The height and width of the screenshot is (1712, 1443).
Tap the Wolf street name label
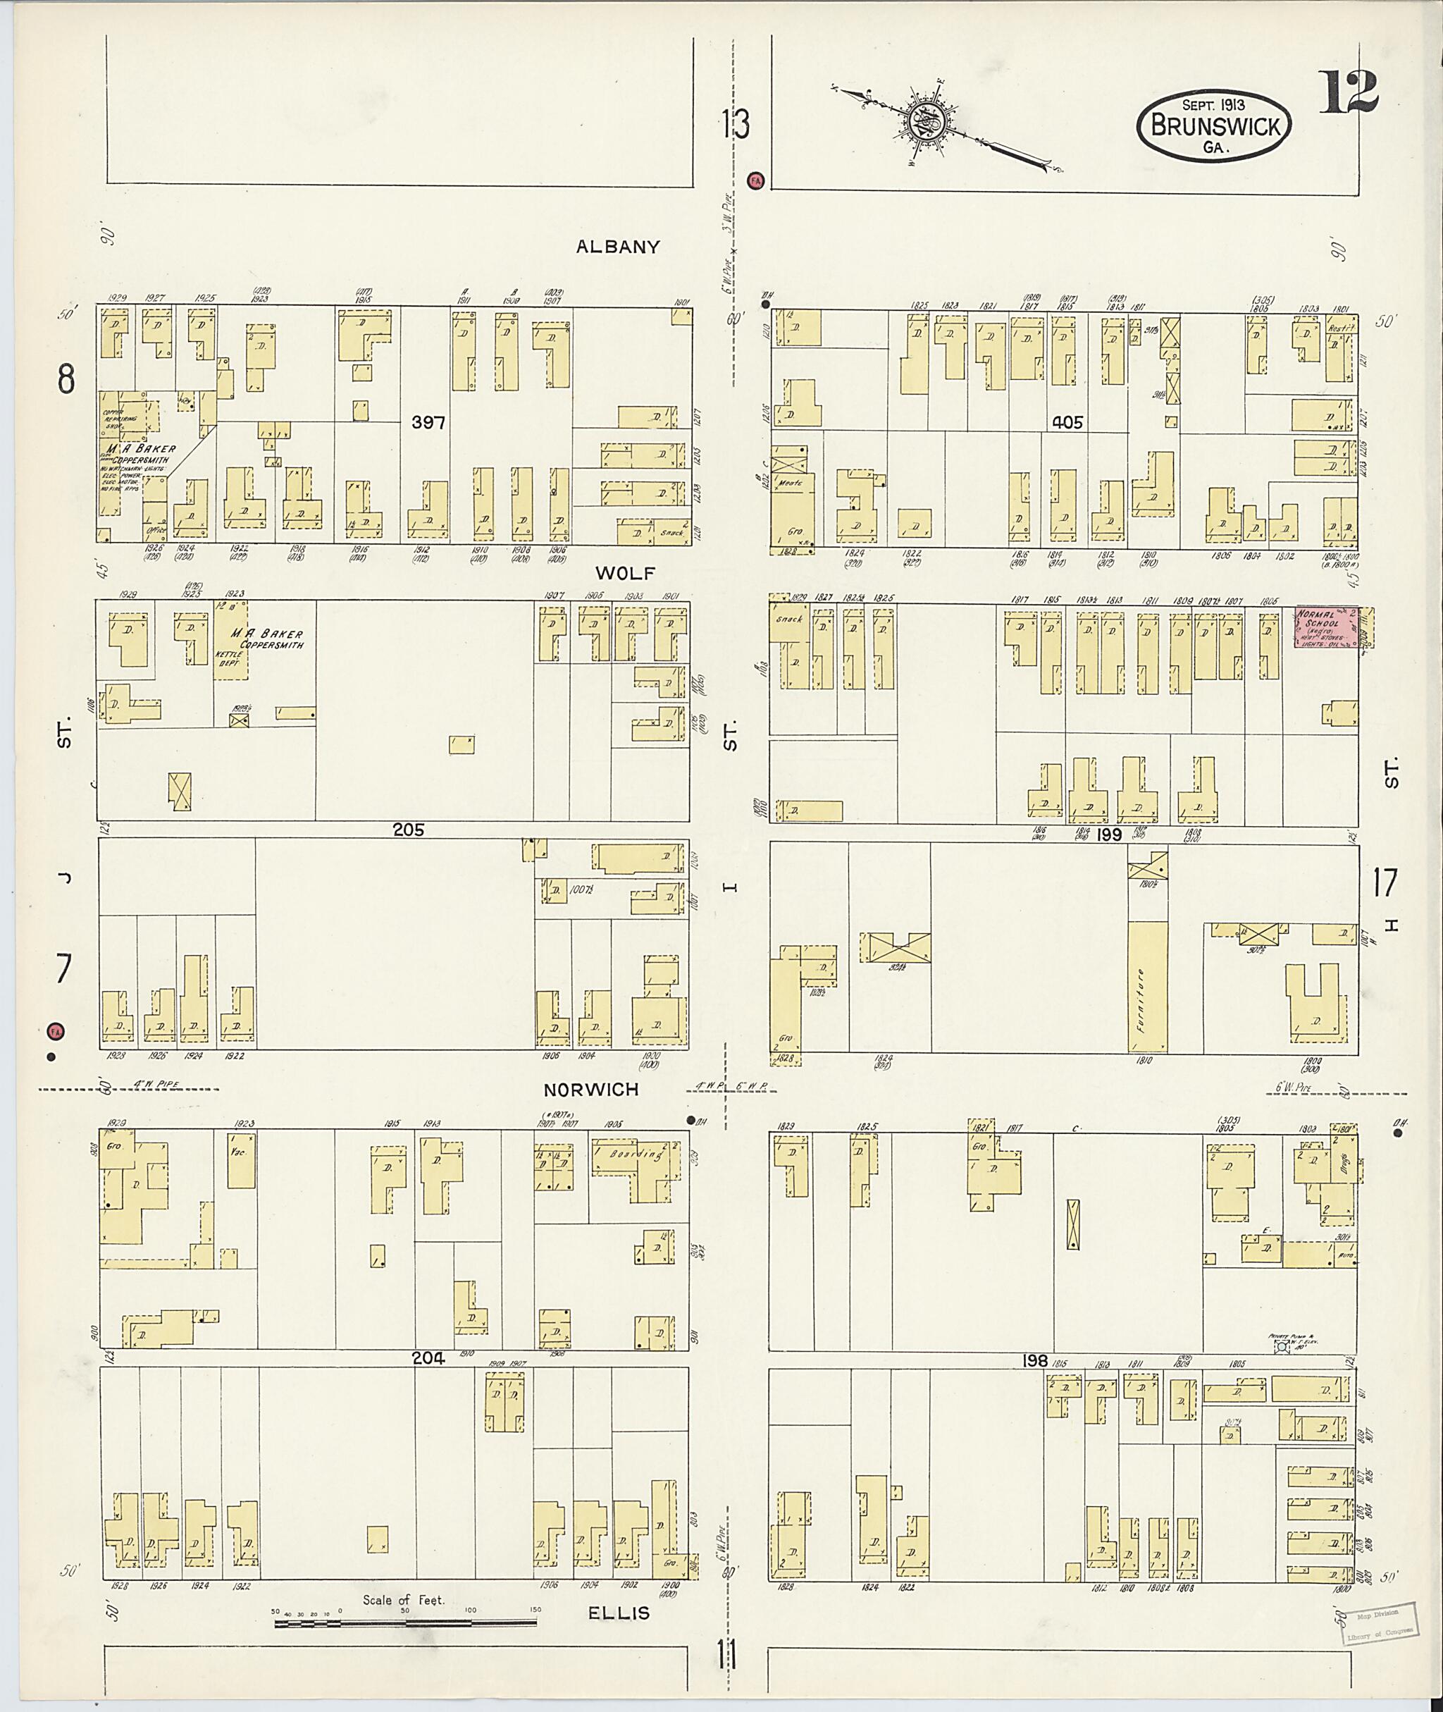[x=627, y=572]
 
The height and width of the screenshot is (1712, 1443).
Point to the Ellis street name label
[x=620, y=1612]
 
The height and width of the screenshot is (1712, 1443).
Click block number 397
[x=428, y=422]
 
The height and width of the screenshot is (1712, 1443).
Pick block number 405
[x=1067, y=422]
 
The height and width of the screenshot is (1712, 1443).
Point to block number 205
[x=408, y=830]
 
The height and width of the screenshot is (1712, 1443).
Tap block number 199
[x=1108, y=834]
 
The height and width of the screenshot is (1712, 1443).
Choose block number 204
[x=428, y=1358]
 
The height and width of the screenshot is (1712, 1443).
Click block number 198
[x=1035, y=1360]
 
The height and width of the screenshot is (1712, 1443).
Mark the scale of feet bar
[x=405, y=1622]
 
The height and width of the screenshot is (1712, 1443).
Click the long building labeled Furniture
[x=1147, y=987]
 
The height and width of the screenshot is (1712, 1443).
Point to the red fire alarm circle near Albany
[x=756, y=180]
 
